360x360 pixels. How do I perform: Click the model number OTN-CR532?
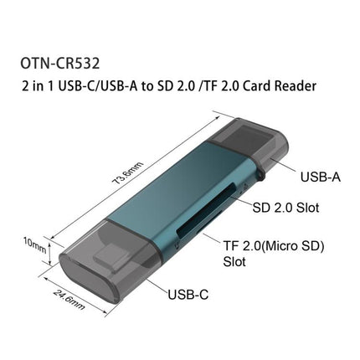point(60,64)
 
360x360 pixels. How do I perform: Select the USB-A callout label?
point(320,177)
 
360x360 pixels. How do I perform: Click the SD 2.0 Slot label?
point(285,208)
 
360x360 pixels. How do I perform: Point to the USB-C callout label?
point(188,295)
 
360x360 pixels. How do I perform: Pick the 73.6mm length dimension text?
point(127,172)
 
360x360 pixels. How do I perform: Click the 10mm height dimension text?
point(34,244)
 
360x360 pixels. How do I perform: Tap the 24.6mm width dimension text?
point(69,300)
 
